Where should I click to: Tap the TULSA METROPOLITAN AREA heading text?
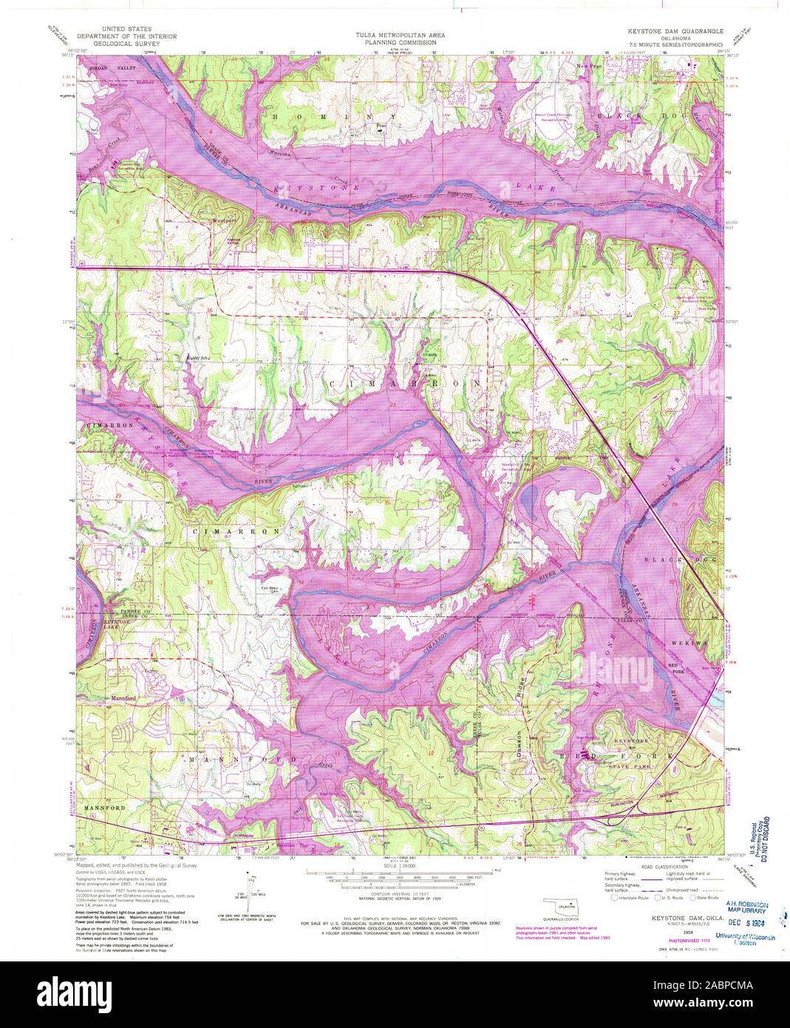(x=395, y=34)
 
